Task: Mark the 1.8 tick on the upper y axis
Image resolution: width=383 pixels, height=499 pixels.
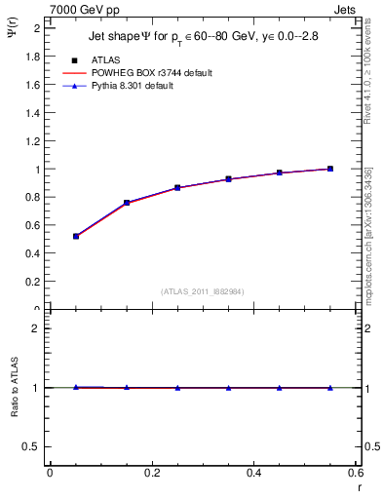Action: [x=36, y=57]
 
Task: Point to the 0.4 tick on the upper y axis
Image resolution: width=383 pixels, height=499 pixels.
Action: [x=36, y=253]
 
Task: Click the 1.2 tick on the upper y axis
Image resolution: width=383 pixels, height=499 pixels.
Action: [x=36, y=141]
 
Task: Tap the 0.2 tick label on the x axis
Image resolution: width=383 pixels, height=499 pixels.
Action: [x=151, y=473]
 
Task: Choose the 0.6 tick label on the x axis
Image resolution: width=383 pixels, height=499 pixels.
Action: [x=356, y=473]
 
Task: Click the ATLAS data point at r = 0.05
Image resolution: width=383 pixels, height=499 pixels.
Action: [x=76, y=236]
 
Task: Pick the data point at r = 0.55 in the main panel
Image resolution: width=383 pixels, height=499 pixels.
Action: [x=330, y=169]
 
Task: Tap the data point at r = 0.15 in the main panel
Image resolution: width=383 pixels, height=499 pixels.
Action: [x=127, y=203]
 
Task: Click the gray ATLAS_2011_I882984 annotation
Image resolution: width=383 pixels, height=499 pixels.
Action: [x=202, y=291]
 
